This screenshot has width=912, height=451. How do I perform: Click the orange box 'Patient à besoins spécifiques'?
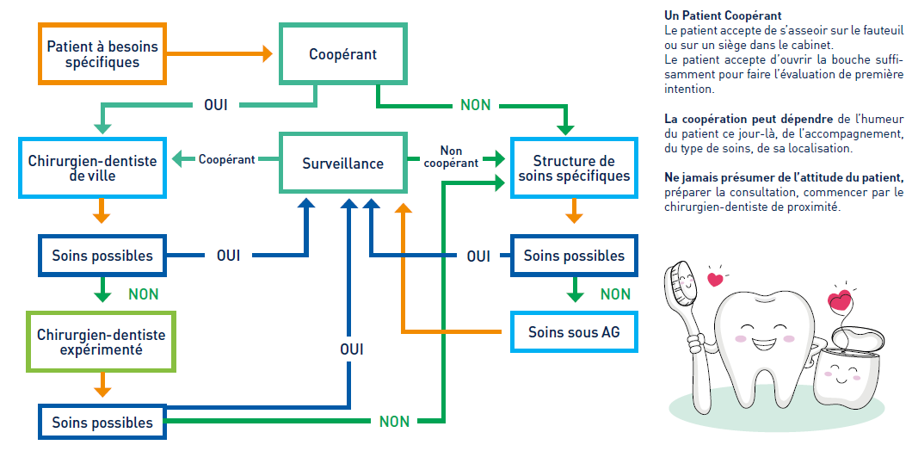coord(102,53)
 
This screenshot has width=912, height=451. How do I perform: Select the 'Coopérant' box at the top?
coord(342,54)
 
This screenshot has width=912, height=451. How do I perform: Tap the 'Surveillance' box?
coord(342,163)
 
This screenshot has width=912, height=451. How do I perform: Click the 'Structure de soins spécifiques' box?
coord(574,168)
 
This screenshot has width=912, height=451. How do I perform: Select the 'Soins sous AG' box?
coord(574,331)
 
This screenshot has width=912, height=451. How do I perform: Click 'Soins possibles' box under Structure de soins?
coord(574,256)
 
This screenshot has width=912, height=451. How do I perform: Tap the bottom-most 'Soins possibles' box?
coord(102,423)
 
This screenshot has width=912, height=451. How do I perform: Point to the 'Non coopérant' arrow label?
coord(451,157)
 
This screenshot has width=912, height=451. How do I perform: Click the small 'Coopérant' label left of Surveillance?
coord(227,159)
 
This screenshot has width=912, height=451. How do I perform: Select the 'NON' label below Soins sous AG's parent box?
coord(615,294)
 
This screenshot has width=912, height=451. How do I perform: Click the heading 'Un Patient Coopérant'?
coord(723,15)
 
